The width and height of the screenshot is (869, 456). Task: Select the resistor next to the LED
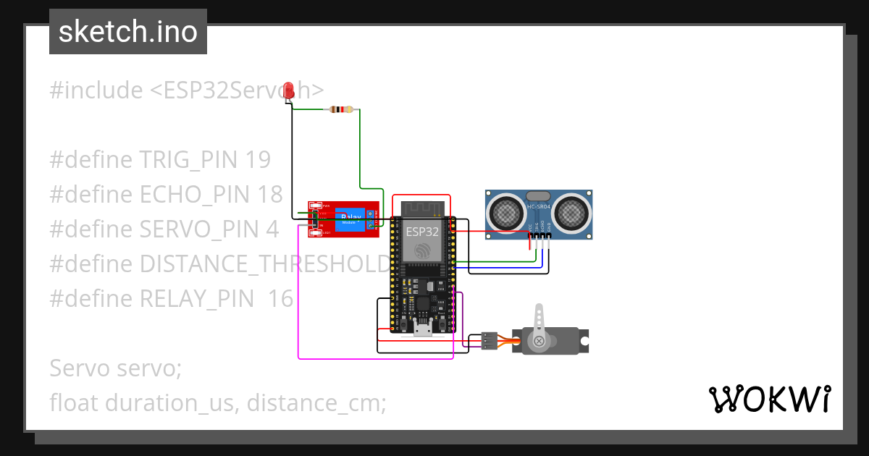pyautogui.click(x=341, y=109)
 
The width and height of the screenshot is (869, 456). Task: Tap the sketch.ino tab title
pyautogui.click(x=128, y=32)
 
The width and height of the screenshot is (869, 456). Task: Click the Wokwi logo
pyautogui.click(x=768, y=400)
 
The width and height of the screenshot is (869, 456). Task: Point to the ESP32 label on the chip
pyautogui.click(x=421, y=232)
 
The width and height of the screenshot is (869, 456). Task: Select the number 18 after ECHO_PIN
pyautogui.click(x=269, y=194)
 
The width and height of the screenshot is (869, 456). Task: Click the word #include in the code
pyautogui.click(x=96, y=90)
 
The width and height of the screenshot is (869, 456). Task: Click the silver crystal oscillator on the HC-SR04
pyautogui.click(x=539, y=196)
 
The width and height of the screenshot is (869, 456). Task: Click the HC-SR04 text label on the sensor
pyautogui.click(x=540, y=208)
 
